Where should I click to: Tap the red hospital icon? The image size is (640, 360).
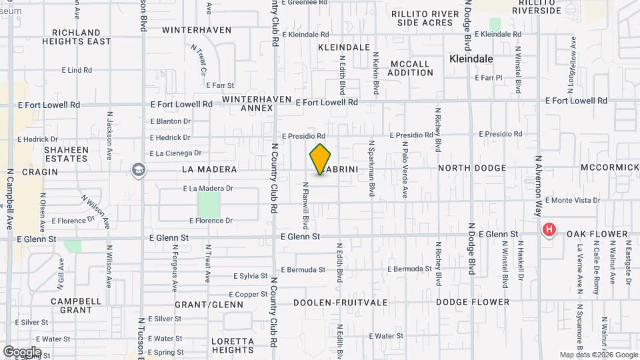[549, 231]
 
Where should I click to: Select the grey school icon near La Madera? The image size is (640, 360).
[139, 169]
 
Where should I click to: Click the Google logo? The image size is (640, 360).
[22, 351]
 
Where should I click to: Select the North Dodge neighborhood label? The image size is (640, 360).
[472, 169]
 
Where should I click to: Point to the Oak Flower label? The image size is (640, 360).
[597, 234]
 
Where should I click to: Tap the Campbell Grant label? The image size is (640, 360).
[71, 305]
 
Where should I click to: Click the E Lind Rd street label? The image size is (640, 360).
[76, 69]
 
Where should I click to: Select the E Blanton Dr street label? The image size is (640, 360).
[170, 121]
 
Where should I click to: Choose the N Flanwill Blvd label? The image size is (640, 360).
[305, 203]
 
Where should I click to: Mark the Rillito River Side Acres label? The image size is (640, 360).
[422, 18]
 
